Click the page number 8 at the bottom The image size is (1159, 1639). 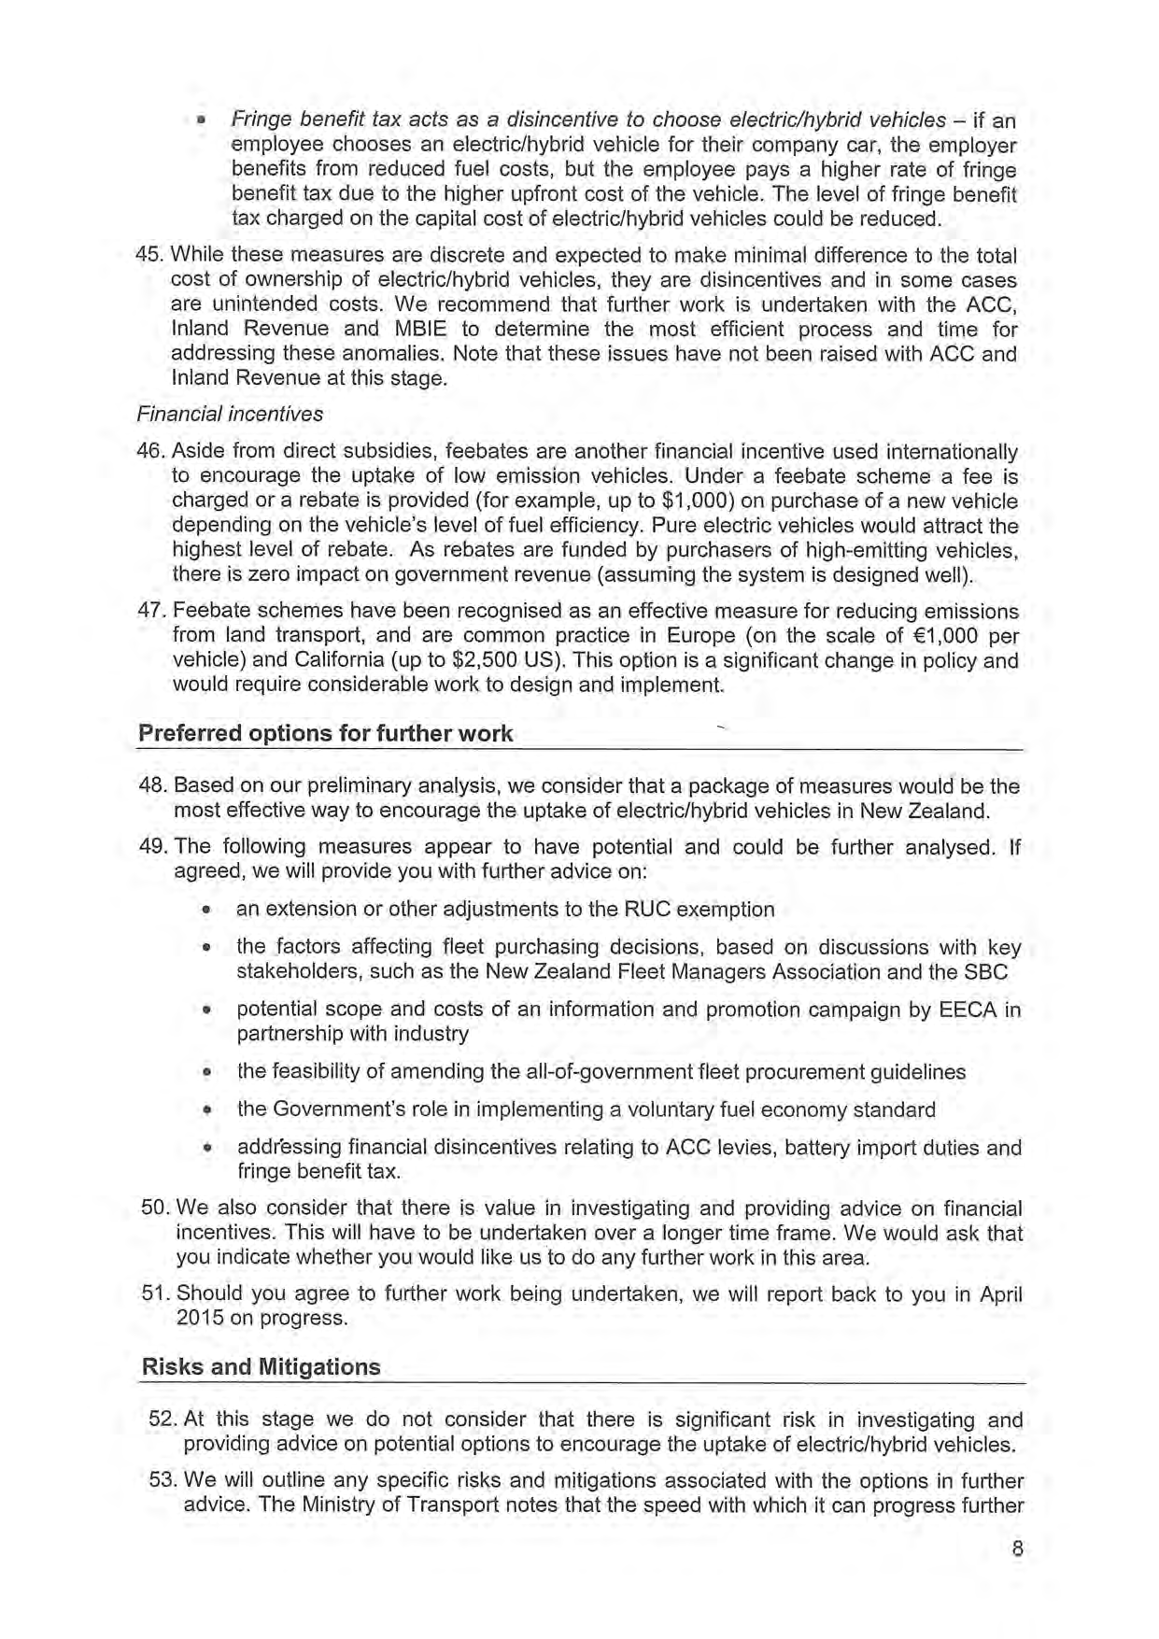1017,1549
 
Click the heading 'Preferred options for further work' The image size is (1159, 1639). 325,733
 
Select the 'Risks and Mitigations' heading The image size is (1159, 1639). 261,1367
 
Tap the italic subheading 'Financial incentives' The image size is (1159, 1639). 230,414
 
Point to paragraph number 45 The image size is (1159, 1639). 149,256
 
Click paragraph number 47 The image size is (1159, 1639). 151,612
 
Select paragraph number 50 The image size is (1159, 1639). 154,1208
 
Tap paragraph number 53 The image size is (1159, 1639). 163,1481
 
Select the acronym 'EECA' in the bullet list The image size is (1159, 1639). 965,1010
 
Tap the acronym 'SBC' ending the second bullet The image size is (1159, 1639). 988,972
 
